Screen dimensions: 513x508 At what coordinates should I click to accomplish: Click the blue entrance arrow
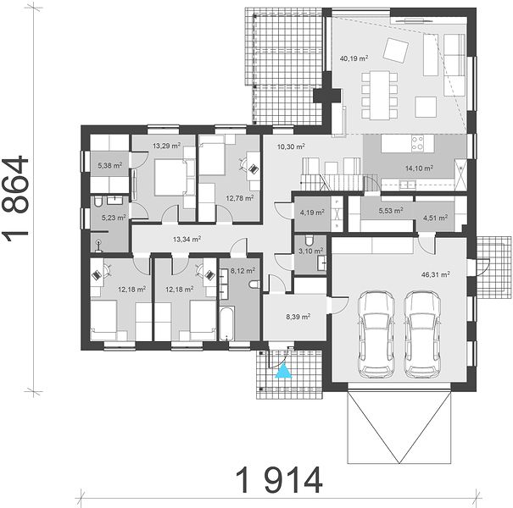tap(283, 371)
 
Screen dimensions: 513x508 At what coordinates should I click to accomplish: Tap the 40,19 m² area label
tap(354, 58)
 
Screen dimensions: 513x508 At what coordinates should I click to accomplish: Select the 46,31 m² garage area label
tap(435, 274)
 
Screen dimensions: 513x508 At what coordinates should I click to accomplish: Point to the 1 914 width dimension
tap(279, 480)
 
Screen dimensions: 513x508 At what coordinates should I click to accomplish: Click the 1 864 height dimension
tap(15, 198)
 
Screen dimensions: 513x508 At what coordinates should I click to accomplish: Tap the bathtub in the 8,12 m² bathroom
tap(227, 323)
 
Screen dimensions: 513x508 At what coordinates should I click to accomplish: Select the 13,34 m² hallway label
tap(187, 240)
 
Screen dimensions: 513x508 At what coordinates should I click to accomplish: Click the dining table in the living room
tap(380, 95)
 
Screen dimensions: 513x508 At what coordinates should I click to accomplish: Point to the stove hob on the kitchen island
tap(418, 143)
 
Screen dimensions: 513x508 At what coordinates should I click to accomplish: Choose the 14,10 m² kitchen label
tap(419, 168)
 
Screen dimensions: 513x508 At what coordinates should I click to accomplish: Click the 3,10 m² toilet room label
tap(310, 251)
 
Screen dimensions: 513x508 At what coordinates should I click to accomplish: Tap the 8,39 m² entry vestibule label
tap(298, 317)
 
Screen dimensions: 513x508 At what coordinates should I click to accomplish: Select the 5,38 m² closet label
tap(110, 166)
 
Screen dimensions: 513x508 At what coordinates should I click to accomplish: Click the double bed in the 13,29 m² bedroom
tap(170, 178)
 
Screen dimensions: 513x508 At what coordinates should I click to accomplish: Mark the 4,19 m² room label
tap(312, 213)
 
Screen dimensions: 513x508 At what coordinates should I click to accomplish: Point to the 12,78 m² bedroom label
tap(240, 198)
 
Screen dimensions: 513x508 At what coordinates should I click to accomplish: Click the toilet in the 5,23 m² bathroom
tap(98, 202)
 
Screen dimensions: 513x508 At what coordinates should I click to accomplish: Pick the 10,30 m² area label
tap(291, 146)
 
